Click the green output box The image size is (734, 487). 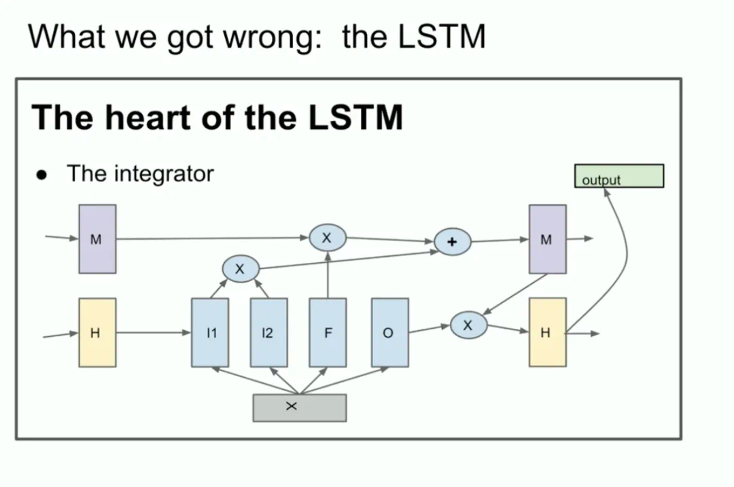[x=619, y=176]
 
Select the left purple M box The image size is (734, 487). [x=97, y=239]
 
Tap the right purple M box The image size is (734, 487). [x=547, y=239]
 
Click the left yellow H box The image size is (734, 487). [x=97, y=333]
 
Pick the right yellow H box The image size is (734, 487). [x=547, y=333]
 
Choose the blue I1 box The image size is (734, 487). [x=211, y=333]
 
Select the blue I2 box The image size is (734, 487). [x=268, y=333]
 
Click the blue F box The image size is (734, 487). [x=328, y=333]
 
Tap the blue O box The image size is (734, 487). [x=389, y=333]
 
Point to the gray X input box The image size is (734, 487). [x=299, y=408]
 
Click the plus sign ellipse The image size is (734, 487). [x=453, y=241]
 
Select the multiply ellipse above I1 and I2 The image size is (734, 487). [x=240, y=269]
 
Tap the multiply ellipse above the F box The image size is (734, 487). [x=328, y=238]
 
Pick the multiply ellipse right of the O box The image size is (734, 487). [x=468, y=325]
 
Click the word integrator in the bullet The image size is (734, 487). [x=164, y=174]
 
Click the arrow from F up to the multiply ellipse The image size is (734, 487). [x=328, y=275]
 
